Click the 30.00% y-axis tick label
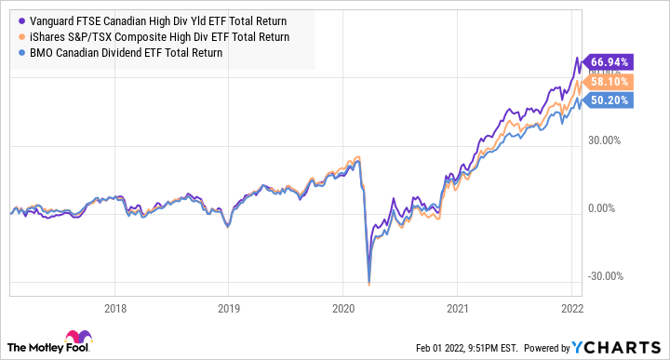coord(611,141)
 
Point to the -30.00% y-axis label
coord(610,276)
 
